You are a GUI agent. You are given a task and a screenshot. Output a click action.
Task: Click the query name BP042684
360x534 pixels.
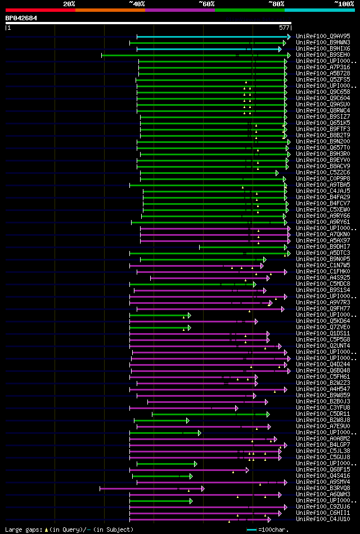point(21,18)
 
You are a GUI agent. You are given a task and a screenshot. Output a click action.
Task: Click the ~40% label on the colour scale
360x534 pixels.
point(137,4)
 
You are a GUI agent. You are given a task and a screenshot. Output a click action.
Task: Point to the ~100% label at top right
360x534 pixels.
point(344,4)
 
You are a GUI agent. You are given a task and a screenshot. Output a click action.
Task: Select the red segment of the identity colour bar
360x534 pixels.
point(40,10)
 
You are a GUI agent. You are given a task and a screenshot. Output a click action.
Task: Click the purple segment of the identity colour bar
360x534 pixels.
point(179,10)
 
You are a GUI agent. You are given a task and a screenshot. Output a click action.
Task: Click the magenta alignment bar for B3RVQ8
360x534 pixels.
point(151,488)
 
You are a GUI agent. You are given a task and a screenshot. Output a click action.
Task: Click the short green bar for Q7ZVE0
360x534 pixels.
point(160,327)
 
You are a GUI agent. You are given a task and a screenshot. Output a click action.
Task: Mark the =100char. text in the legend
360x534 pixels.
point(273,529)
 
